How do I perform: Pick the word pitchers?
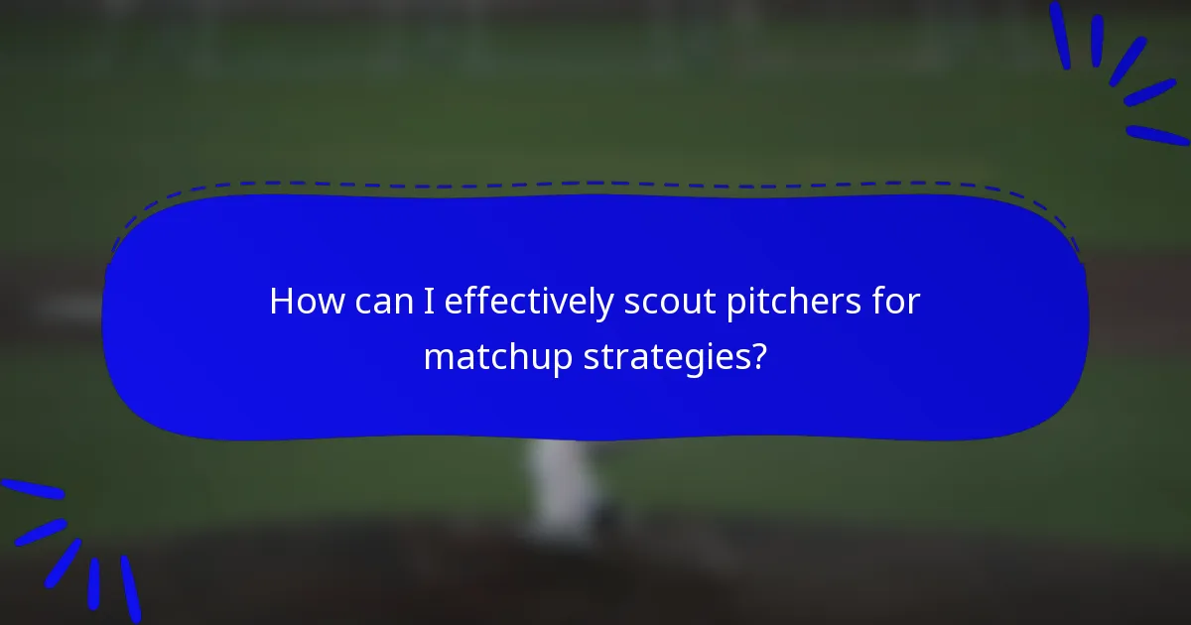pos(787,303)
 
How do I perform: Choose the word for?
pos(897,302)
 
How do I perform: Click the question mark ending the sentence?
pos(758,356)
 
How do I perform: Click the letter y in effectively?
pos(602,307)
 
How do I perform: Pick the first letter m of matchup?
pos(437,358)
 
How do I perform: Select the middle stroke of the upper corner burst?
pos(1127,61)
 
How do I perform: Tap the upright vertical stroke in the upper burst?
pos(1097,41)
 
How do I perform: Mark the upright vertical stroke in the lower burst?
pos(94,583)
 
